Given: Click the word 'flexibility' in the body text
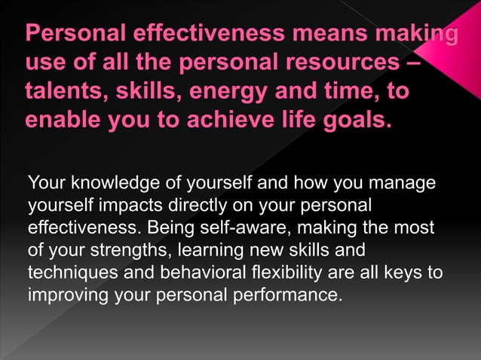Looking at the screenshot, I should pyautogui.click(x=263, y=271).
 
